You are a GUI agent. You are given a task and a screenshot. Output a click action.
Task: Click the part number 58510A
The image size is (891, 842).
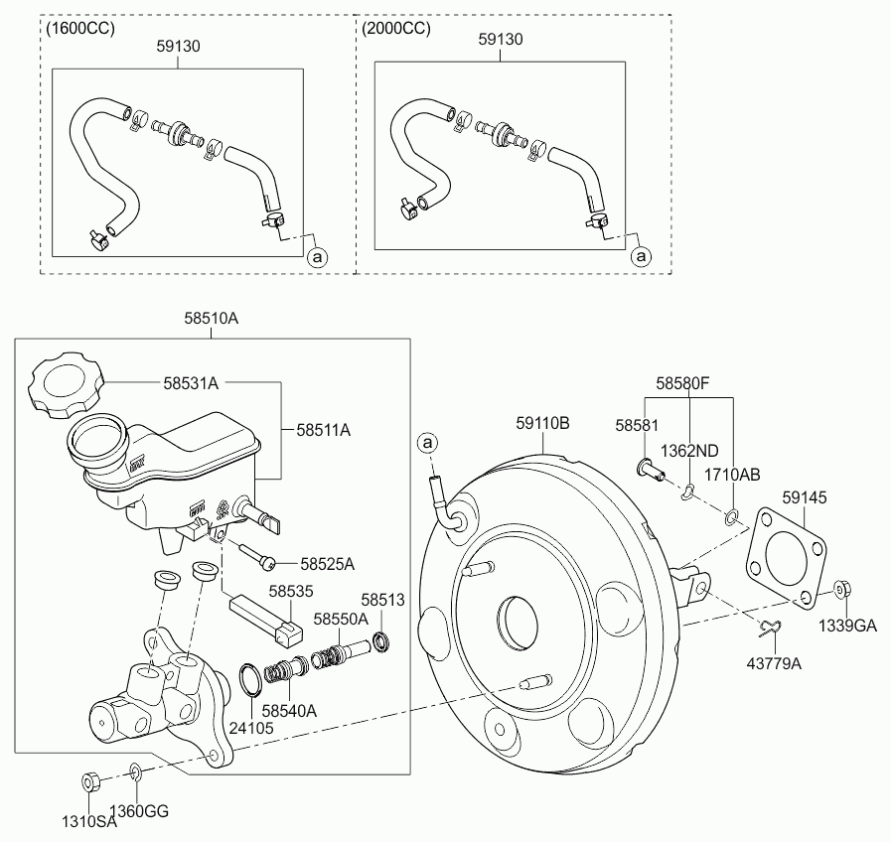tap(211, 319)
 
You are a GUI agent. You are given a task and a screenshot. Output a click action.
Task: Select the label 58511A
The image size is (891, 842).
tap(323, 430)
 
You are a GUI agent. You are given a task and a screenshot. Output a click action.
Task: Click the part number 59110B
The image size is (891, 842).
tap(542, 423)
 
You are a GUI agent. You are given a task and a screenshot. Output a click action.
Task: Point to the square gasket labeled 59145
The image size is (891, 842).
tap(788, 555)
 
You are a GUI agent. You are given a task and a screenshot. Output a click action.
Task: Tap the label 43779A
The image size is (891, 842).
tap(775, 662)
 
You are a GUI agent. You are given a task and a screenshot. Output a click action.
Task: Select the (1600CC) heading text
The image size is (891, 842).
tap(80, 28)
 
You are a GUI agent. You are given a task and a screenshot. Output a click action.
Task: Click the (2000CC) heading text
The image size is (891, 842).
tap(396, 28)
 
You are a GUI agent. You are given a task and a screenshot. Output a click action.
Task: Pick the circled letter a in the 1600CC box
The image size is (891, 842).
tap(318, 257)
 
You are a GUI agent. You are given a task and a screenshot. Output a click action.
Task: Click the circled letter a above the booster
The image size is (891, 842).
tap(428, 441)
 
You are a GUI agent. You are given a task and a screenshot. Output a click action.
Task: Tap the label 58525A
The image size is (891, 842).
tap(327, 563)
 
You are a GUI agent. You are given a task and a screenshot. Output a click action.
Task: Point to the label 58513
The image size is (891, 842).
tap(382, 600)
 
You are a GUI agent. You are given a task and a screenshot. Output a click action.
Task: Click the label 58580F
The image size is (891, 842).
tap(681, 381)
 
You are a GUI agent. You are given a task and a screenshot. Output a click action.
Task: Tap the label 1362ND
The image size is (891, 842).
tap(690, 450)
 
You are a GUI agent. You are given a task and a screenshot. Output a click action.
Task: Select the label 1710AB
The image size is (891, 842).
tap(732, 475)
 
